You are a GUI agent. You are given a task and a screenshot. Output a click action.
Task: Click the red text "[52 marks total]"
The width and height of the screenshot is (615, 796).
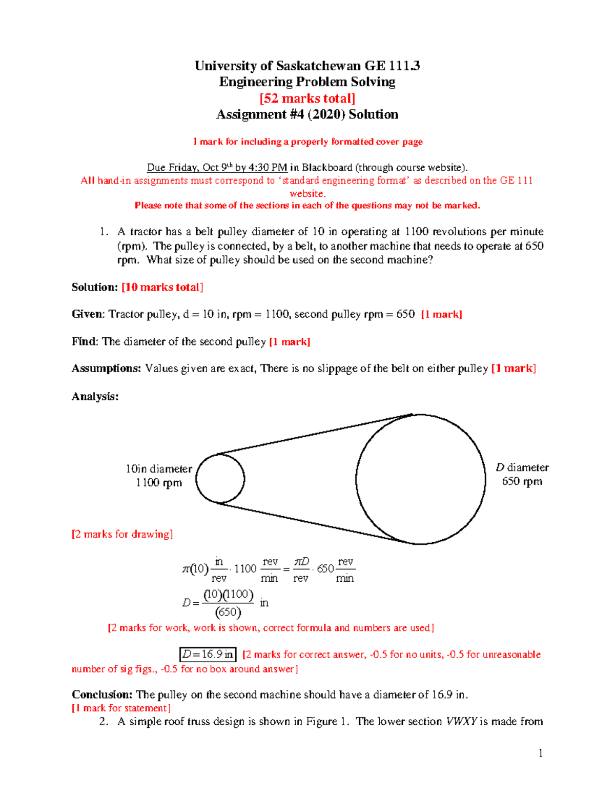click(307, 98)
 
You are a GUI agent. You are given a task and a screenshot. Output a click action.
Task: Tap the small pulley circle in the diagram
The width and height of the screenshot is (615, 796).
click(220, 479)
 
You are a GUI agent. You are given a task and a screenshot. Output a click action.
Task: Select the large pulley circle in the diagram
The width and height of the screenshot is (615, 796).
click(420, 479)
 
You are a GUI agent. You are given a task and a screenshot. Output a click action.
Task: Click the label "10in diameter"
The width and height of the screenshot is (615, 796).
click(159, 468)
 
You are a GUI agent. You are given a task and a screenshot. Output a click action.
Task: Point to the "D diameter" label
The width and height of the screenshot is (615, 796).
click(522, 467)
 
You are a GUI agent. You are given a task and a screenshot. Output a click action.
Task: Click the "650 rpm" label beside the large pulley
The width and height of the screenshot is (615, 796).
click(522, 481)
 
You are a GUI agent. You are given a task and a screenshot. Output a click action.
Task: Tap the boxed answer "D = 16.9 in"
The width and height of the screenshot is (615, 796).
click(208, 655)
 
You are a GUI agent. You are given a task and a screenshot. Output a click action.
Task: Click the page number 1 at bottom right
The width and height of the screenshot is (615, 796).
click(540, 753)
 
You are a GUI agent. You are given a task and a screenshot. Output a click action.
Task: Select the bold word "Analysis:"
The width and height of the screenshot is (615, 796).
click(95, 396)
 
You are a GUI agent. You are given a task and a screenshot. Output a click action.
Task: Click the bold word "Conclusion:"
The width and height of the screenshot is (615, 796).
click(102, 695)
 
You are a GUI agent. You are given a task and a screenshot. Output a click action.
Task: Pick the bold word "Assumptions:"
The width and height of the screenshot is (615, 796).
click(106, 369)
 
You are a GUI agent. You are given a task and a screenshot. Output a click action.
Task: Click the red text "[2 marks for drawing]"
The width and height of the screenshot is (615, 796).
click(122, 534)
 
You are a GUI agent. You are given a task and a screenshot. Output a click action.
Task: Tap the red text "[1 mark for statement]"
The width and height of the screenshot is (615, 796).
click(121, 708)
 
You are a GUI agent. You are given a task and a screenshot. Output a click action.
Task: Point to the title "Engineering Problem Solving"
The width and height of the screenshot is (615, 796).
click(307, 82)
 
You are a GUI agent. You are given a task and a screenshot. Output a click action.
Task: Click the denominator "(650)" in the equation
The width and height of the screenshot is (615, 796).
click(228, 612)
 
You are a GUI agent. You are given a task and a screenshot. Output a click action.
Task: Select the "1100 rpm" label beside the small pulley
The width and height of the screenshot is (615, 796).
click(159, 482)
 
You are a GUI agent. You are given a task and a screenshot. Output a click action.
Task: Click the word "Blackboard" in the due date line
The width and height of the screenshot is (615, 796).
click(327, 168)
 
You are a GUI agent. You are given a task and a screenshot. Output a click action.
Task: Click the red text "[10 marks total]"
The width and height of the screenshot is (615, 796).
click(162, 287)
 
